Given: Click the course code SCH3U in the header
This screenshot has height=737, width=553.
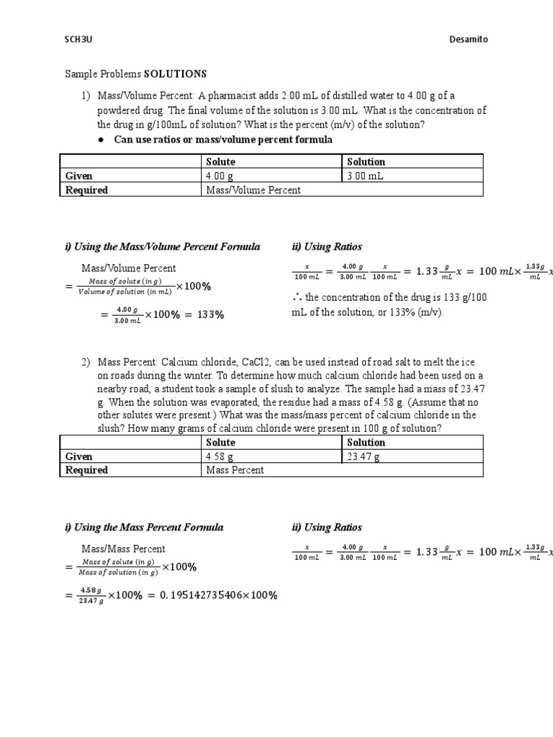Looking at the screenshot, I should tap(78, 40).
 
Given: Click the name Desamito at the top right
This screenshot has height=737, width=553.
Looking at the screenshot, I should tap(469, 40).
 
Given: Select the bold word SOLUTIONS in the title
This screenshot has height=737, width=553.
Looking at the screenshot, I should tap(176, 74).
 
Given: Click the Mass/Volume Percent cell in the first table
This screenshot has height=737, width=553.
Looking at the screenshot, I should tap(253, 190).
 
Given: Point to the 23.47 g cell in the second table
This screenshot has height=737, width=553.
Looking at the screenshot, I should tap(366, 456).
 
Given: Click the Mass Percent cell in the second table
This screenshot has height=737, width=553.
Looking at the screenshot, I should tap(235, 470).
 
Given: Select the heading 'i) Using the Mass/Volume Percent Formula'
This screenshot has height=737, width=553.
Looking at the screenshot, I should tap(163, 247).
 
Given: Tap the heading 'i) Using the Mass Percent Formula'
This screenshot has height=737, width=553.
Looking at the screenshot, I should tap(144, 527).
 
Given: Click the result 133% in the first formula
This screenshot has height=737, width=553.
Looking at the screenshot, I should tap(210, 315).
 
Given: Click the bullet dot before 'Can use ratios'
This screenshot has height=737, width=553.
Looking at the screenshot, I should tap(102, 140).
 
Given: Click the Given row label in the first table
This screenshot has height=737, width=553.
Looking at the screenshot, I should tap(78, 176).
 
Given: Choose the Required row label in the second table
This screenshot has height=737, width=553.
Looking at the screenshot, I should tap(86, 470).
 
